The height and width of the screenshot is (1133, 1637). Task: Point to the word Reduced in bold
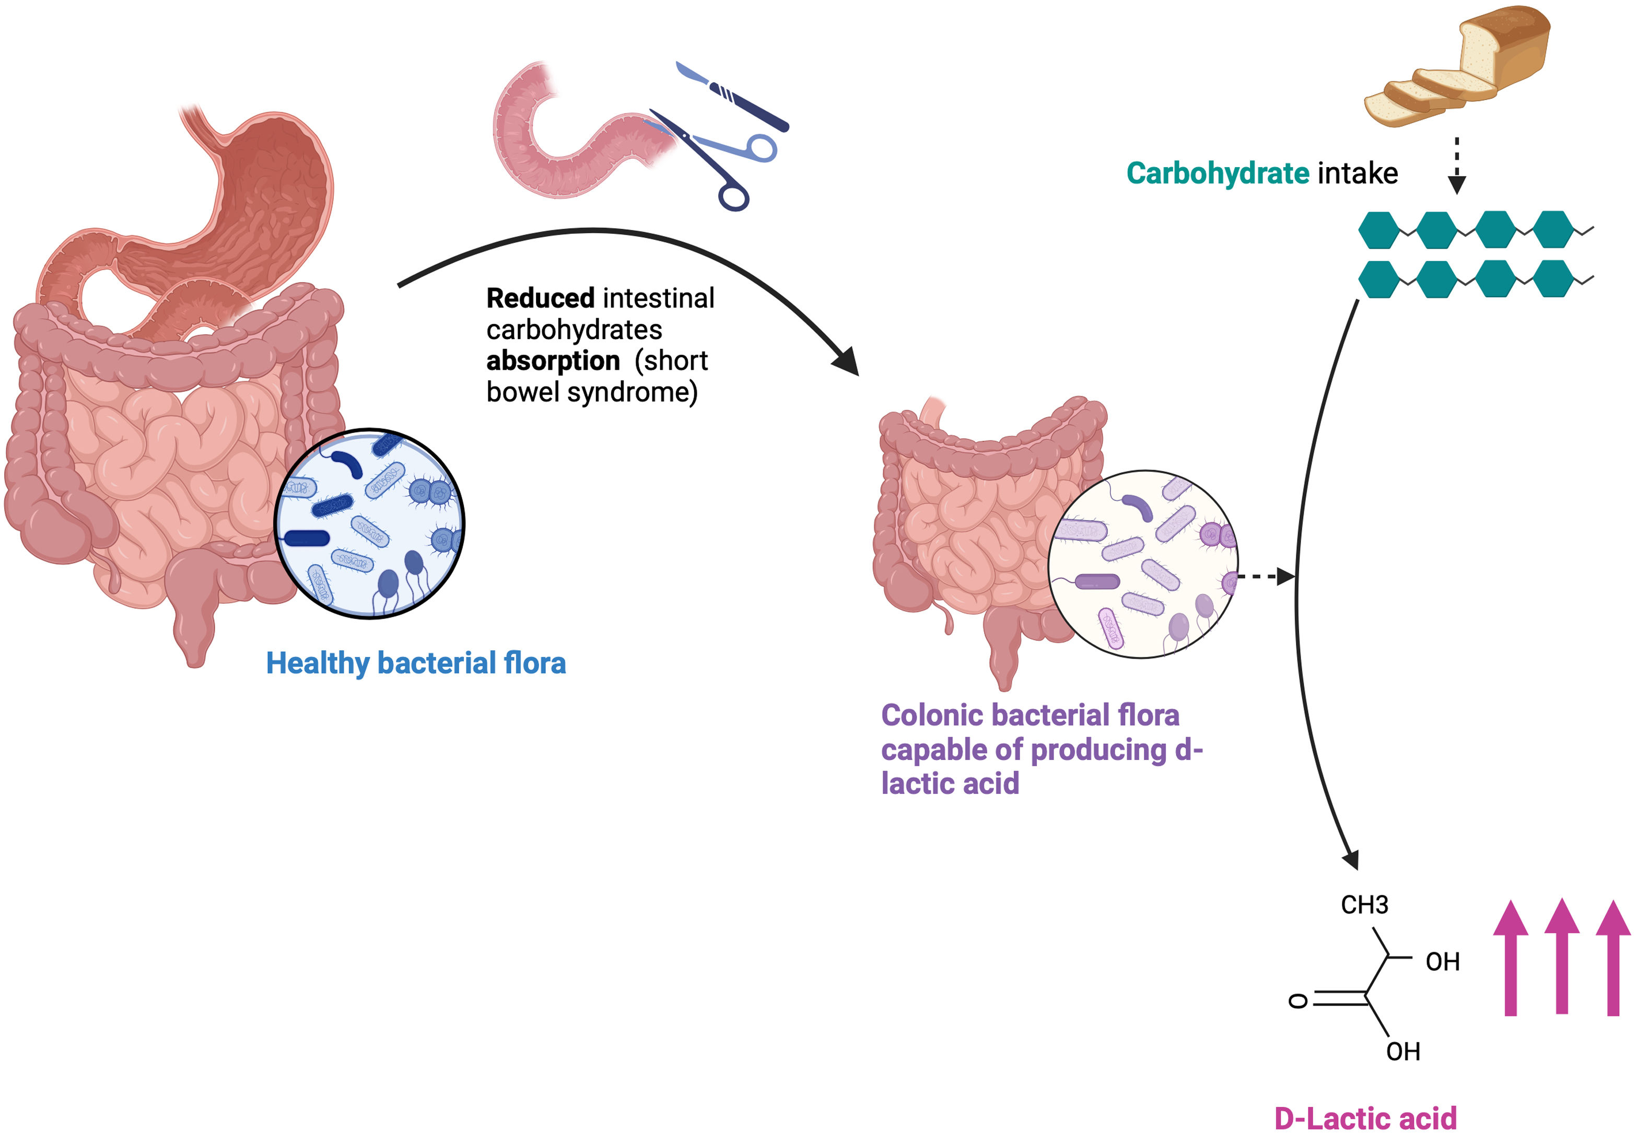540,299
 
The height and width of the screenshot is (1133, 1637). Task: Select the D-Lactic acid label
1365,1117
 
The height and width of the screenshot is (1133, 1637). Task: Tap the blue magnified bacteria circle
370,524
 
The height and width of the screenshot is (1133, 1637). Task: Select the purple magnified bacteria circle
1142,564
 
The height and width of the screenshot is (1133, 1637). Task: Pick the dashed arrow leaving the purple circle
1267,577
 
